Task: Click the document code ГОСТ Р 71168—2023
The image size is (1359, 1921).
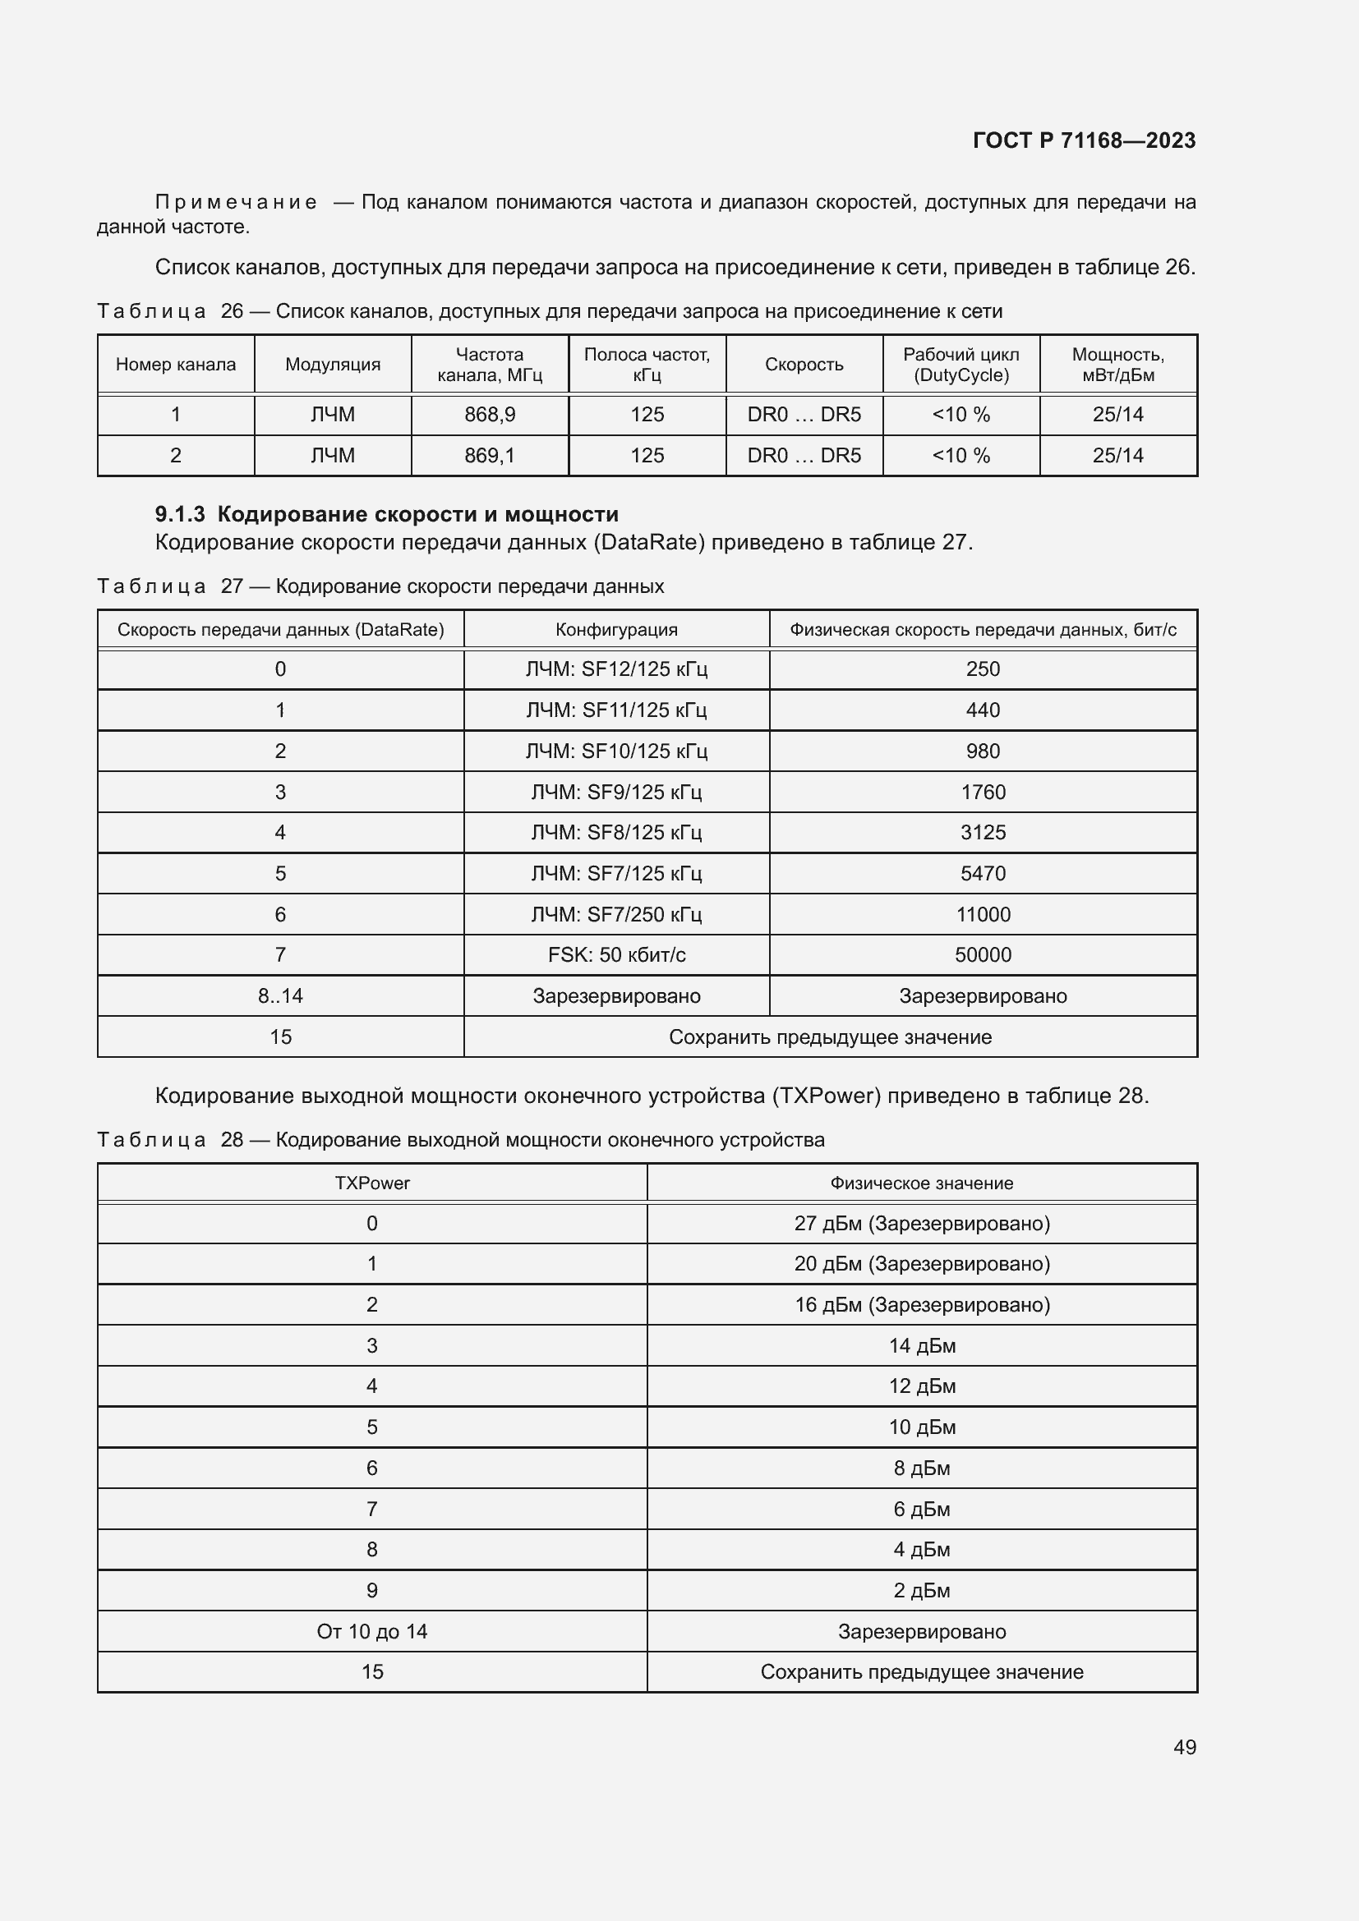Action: pos(1084,140)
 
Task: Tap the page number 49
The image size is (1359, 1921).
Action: pos(1184,1747)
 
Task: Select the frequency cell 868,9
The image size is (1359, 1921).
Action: pos(490,414)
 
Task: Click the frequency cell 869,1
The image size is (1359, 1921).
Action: pos(490,455)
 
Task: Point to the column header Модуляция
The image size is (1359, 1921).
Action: pos(332,364)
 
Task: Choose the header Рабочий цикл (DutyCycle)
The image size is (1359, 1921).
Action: pos(961,364)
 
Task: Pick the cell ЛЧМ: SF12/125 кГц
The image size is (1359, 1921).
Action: pos(616,669)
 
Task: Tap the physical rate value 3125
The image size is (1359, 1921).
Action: pos(983,832)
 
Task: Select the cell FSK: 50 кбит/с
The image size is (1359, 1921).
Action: pos(616,954)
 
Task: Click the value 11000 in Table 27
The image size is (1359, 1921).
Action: pos(983,913)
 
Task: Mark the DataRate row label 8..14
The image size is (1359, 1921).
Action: pos(280,995)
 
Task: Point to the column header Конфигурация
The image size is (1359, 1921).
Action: pos(616,629)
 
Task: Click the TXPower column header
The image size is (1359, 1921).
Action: pos(371,1183)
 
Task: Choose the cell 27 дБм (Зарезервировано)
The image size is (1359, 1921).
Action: pos(921,1223)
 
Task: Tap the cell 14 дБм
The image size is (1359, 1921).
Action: pos(921,1345)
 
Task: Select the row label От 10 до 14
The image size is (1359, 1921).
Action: pos(371,1631)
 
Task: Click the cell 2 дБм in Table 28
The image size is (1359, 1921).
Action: pos(921,1590)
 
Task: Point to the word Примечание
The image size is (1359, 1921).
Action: pos(236,203)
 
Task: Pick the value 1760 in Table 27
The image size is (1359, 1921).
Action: pos(983,792)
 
